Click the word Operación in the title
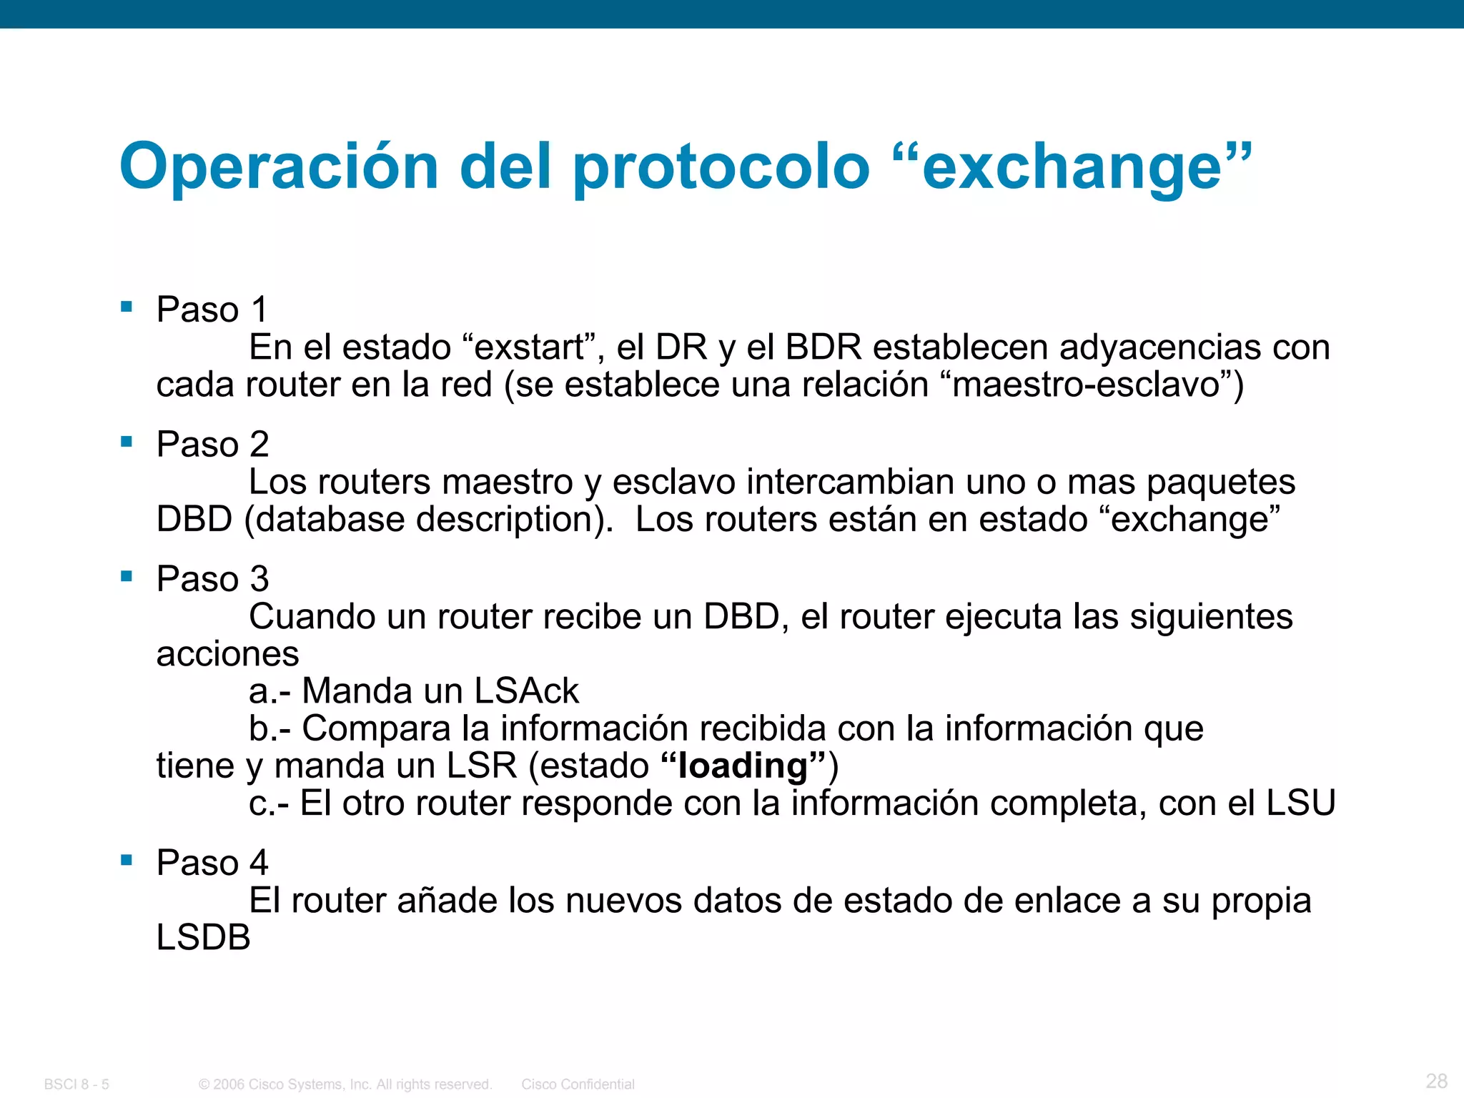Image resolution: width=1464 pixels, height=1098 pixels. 279,167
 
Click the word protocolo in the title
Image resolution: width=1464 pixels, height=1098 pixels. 721,167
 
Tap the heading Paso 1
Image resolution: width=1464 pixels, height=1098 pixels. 212,310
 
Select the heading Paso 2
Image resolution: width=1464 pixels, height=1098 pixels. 212,444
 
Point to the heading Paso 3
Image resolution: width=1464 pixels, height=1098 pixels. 212,578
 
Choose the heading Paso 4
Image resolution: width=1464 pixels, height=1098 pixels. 212,862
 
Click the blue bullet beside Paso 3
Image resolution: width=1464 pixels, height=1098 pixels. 127,576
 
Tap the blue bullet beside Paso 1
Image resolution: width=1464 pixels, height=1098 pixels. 127,307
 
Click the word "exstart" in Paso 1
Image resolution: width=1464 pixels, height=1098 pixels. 530,347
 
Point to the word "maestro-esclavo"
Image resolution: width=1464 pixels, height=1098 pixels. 1087,385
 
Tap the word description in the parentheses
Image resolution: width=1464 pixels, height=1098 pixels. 510,520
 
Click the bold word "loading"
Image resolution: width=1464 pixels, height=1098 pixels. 743,766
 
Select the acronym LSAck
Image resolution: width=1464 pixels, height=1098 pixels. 526,691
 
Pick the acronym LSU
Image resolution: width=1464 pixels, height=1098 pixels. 1300,803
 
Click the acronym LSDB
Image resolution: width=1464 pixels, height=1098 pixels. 204,937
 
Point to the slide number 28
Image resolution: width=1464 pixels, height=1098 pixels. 1436,1080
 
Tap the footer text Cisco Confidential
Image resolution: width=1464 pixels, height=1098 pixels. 578,1084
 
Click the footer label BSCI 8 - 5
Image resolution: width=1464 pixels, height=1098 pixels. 76,1084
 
